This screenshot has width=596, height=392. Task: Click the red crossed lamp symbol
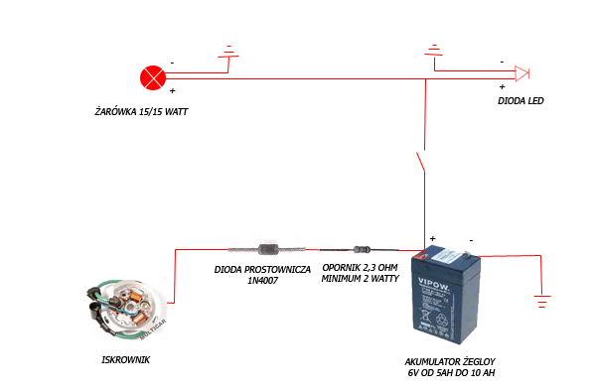click(153, 77)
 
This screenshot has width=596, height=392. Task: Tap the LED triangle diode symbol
click(521, 73)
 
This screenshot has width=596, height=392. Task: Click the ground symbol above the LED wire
click(434, 51)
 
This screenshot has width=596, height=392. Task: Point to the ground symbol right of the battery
click(542, 301)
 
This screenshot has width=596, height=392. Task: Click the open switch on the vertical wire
click(421, 162)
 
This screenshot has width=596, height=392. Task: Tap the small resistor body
click(362, 249)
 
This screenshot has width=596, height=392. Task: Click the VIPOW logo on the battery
click(434, 284)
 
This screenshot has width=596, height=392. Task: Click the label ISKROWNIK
click(126, 359)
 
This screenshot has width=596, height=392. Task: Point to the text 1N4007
click(262, 281)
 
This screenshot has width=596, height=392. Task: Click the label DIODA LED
click(521, 100)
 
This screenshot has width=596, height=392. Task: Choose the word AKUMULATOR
click(428, 361)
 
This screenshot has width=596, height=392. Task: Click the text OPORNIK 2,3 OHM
click(360, 267)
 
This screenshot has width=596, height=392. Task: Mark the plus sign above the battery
click(432, 238)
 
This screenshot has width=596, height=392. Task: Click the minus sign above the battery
click(471, 240)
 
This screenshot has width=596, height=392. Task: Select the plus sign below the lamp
click(172, 90)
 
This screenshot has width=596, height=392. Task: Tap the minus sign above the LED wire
click(502, 62)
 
